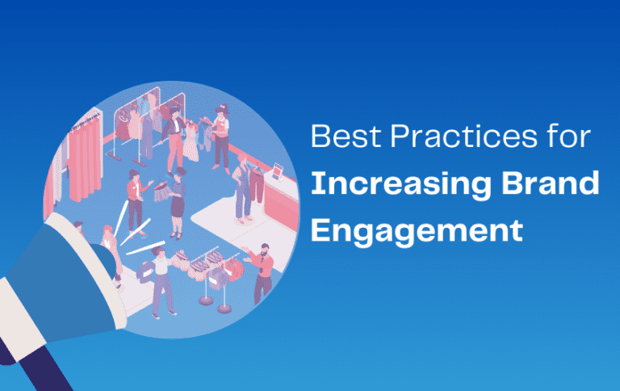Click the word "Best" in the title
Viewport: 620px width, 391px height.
pyautogui.click(x=345, y=137)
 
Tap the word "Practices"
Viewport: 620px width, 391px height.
pyautogui.click(x=464, y=137)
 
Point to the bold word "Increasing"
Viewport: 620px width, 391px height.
pyautogui.click(x=400, y=185)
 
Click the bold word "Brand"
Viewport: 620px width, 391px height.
pyautogui.click(x=551, y=183)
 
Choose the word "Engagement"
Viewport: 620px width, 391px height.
pyautogui.click(x=417, y=231)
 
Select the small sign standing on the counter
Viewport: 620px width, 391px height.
pyautogui.click(x=278, y=171)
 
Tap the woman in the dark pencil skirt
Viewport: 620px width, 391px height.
pyautogui.click(x=177, y=206)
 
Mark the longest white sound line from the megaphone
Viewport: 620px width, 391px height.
pyautogui.click(x=145, y=248)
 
